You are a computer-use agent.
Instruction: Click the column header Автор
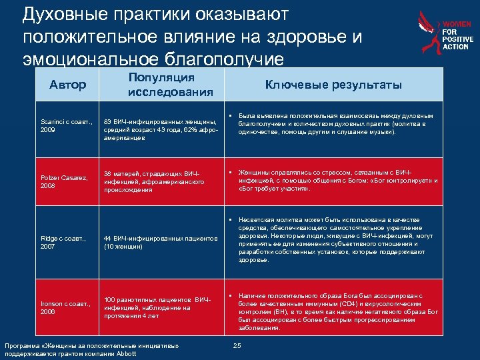[x=68, y=85]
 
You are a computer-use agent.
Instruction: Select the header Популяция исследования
[x=171, y=85]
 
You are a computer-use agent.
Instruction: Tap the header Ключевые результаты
[x=333, y=85]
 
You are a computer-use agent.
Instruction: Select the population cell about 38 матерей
[x=155, y=181]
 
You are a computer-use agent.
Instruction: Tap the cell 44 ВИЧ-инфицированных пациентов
[x=160, y=242]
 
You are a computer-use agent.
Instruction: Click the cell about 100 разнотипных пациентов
[x=155, y=303]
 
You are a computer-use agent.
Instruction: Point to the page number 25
[x=237, y=346]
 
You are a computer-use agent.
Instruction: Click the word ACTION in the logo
[x=456, y=47]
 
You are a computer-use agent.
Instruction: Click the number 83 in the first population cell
[x=107, y=121]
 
